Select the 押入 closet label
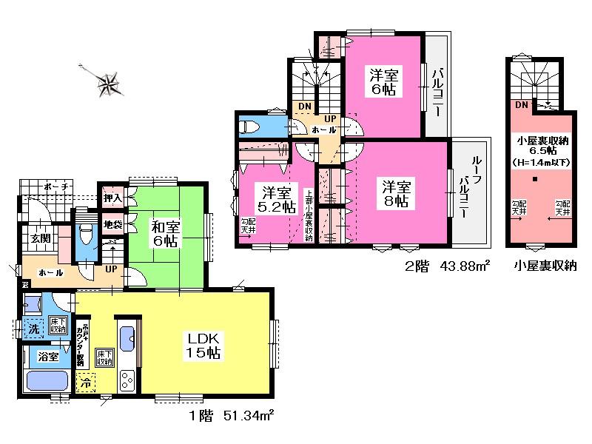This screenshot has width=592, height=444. pos(112,198)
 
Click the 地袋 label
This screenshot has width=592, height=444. pos(112,223)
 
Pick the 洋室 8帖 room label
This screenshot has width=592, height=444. pos(396,193)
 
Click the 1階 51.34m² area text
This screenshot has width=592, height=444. pos(231,418)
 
